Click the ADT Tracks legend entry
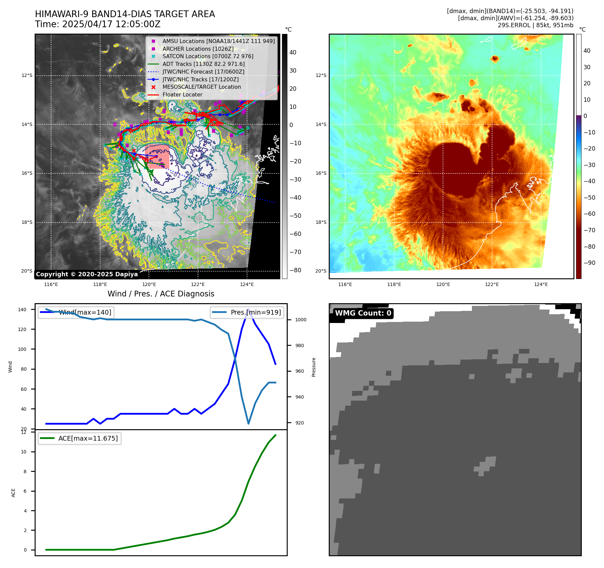(x=203, y=64)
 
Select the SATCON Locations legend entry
(x=208, y=56)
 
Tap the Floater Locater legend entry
(x=182, y=95)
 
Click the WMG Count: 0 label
(x=363, y=313)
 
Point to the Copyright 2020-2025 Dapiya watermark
(x=87, y=274)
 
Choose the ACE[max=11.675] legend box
(x=80, y=438)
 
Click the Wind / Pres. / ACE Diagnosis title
(x=161, y=294)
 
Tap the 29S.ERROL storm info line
(x=535, y=25)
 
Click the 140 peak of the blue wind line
(x=248, y=310)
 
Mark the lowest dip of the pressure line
(x=248, y=423)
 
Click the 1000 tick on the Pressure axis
(x=300, y=320)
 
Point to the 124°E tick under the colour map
(x=541, y=284)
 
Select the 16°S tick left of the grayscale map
(x=27, y=173)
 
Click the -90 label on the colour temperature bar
(x=589, y=263)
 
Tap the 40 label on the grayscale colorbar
(x=293, y=52)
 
